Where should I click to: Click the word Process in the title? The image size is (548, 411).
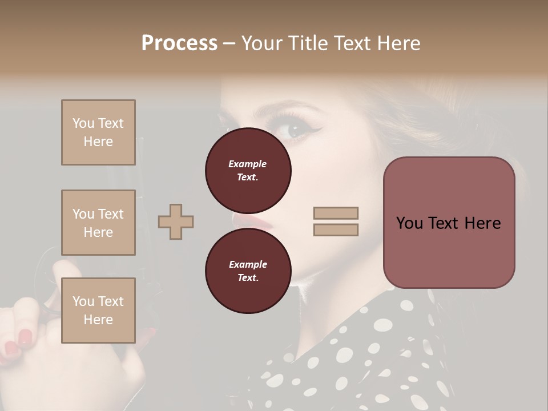[x=179, y=43]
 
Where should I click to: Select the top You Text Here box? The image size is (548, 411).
[x=98, y=132]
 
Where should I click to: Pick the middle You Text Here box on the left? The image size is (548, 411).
[x=98, y=223]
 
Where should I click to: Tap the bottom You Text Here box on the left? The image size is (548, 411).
[x=98, y=310]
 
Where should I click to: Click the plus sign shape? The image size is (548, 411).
[x=176, y=221]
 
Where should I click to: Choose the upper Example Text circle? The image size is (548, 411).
[x=248, y=170]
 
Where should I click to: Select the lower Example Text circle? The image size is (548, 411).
[x=248, y=271]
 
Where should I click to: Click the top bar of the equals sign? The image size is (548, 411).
[x=336, y=213]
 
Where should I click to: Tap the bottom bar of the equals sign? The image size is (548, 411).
[x=336, y=229]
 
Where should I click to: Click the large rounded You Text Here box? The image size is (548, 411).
[x=449, y=223]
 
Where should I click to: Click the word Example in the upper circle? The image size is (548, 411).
[x=248, y=164]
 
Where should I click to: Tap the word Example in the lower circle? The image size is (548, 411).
[x=248, y=264]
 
